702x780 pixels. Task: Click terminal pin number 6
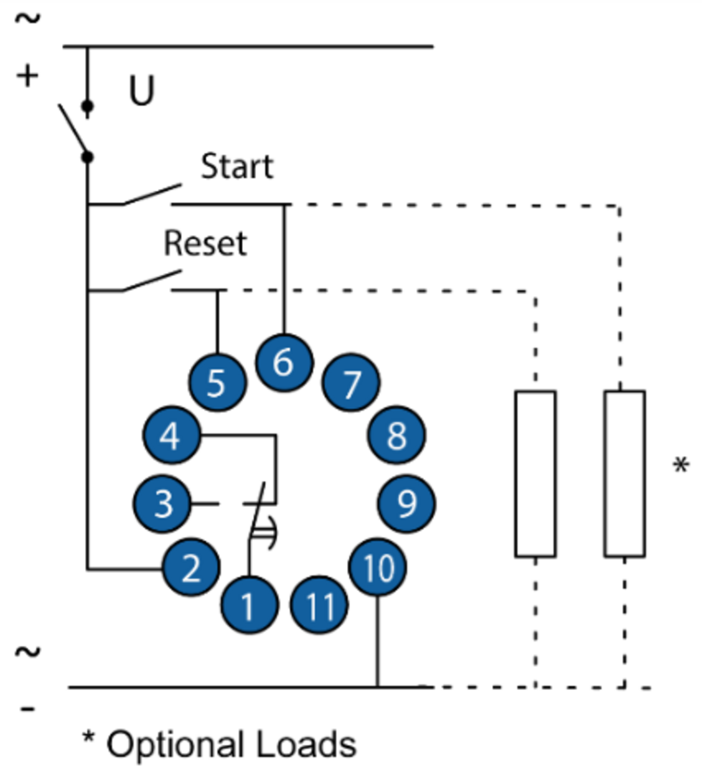(x=284, y=362)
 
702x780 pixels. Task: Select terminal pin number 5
(x=218, y=382)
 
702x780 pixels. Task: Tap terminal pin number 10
(x=377, y=567)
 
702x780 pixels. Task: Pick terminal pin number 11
(x=319, y=605)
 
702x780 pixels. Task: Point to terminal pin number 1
(x=249, y=605)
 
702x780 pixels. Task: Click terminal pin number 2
(x=191, y=567)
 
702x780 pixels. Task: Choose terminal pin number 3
(x=162, y=503)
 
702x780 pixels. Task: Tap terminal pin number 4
(x=172, y=435)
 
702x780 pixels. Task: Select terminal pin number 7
(x=351, y=382)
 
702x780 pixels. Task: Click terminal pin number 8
(x=396, y=435)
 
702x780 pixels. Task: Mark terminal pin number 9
(x=406, y=503)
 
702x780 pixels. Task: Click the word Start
(x=237, y=166)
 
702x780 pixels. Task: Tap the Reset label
(x=205, y=243)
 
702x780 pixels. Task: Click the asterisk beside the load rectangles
(x=681, y=465)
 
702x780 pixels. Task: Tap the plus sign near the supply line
(x=27, y=76)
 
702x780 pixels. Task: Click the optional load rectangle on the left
(x=535, y=474)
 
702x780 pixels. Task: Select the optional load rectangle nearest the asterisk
(x=625, y=474)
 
